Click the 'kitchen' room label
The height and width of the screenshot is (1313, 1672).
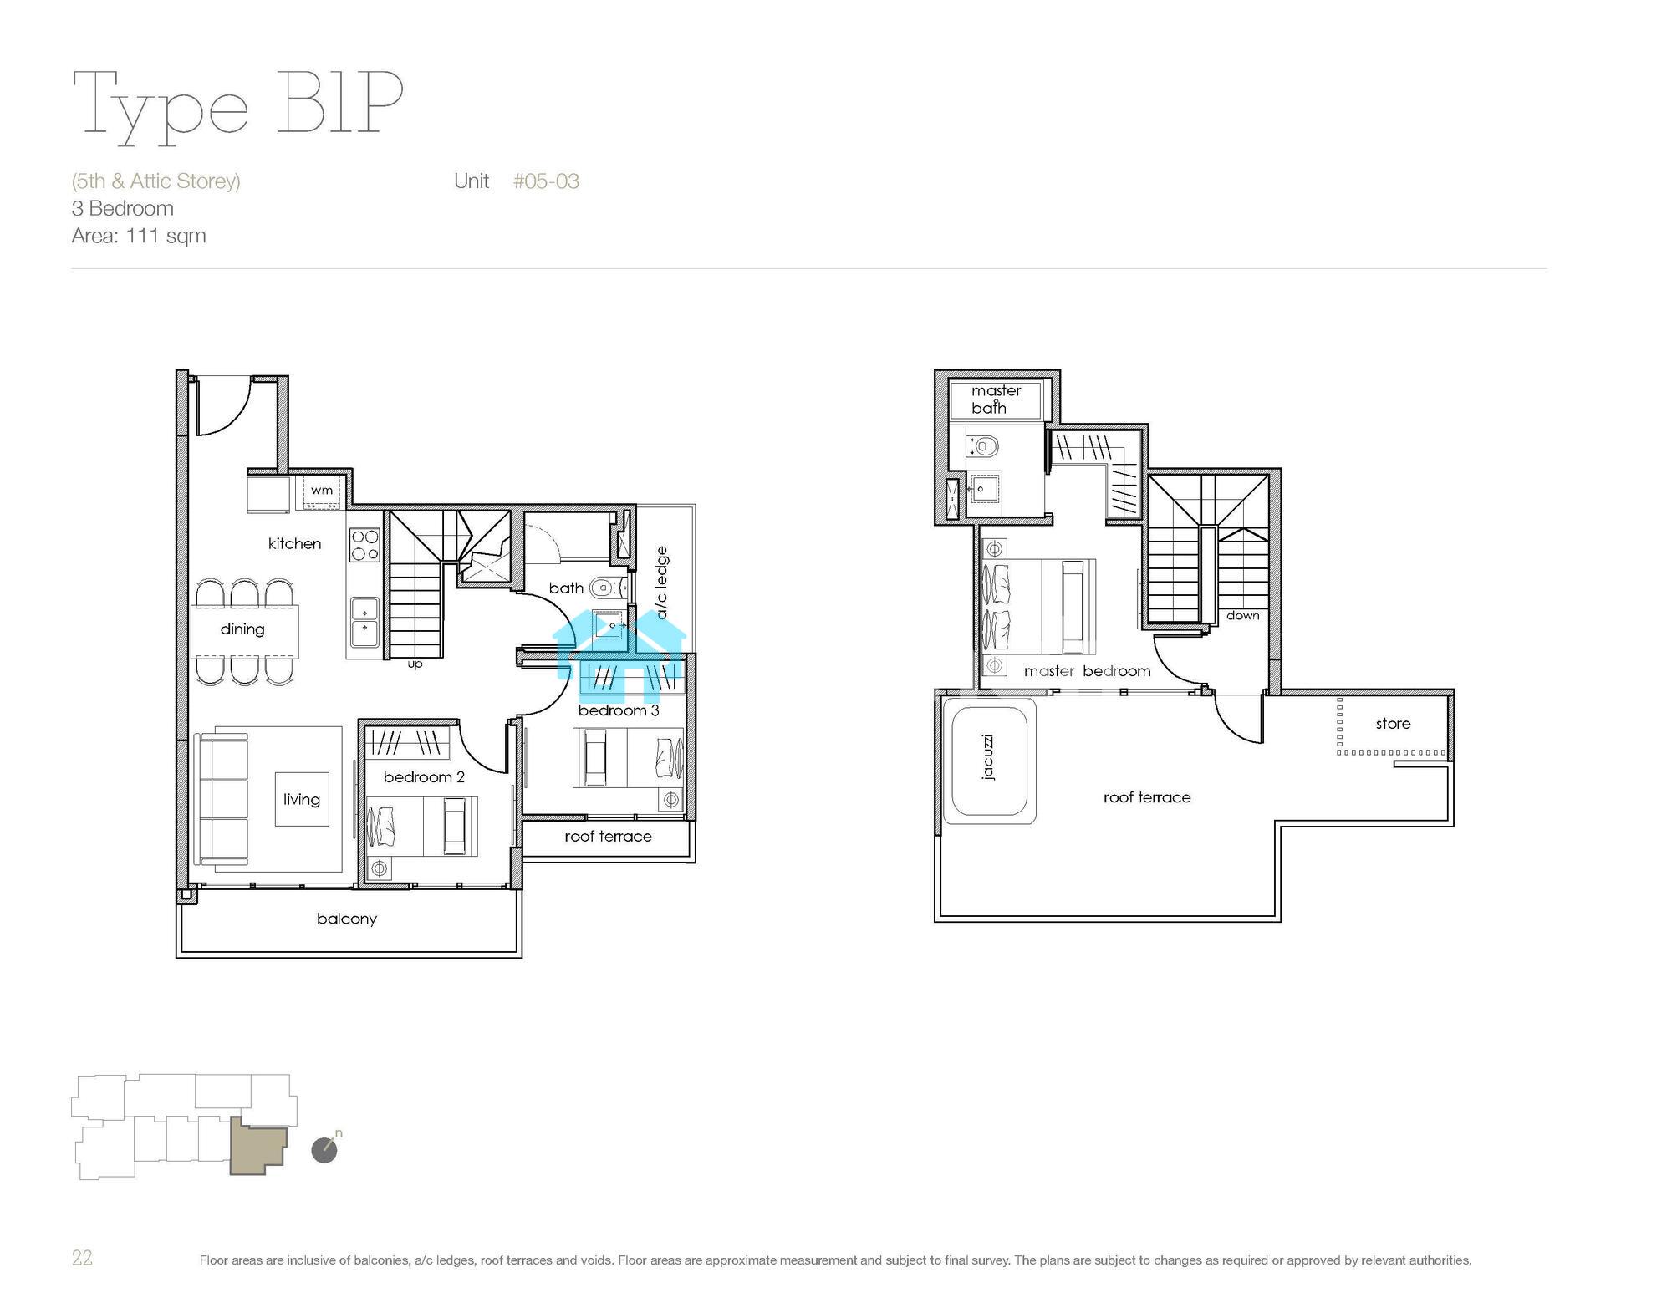pos(294,543)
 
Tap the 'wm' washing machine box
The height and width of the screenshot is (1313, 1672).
pos(321,491)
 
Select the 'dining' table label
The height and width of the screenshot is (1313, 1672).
pos(242,629)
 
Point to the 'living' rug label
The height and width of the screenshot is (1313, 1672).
pos(302,799)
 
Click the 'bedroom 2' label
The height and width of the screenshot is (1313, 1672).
pos(424,776)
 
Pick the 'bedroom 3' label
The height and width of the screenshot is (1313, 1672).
pos(619,710)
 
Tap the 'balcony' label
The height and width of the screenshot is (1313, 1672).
pos(347,919)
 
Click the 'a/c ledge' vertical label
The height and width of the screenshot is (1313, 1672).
pos(662,583)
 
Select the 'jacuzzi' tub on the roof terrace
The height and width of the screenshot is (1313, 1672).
pos(989,758)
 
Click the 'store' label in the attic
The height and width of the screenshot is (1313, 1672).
pos(1393,724)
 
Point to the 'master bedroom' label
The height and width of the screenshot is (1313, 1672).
pos(1087,671)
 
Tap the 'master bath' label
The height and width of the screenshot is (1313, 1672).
pos(996,399)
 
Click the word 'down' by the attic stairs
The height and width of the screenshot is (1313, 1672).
pos(1242,615)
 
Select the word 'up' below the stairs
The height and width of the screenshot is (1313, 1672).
pos(415,664)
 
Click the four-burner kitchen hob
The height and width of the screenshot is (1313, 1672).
pos(364,544)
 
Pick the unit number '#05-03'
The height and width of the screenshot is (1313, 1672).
pos(546,181)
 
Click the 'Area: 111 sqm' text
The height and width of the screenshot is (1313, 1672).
pos(139,236)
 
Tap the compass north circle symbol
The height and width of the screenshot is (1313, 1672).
pos(324,1150)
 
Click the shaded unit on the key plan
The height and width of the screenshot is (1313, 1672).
pos(257,1145)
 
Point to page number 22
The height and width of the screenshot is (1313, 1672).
pos(82,1258)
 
